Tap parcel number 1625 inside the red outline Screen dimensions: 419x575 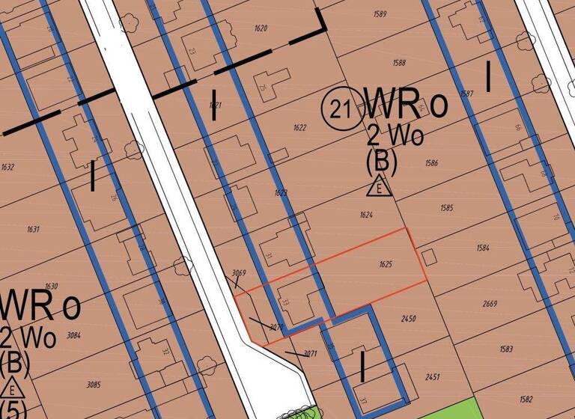[x=386, y=265]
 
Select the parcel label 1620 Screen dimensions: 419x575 [x=261, y=28]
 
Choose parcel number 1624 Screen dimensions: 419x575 [x=366, y=215]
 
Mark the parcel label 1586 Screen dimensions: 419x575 [x=431, y=162]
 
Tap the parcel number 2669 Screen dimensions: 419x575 [x=490, y=304]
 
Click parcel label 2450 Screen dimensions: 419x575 [x=409, y=319]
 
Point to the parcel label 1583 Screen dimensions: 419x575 [x=506, y=349]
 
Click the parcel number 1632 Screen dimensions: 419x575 [x=8, y=167]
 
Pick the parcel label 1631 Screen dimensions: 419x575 [x=33, y=230]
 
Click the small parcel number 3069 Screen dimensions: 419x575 [x=240, y=273]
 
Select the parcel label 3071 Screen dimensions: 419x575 [x=311, y=353]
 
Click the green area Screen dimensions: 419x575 [x=449, y=410]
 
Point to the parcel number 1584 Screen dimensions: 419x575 [x=482, y=247]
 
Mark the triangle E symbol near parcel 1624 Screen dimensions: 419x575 [x=380, y=187]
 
